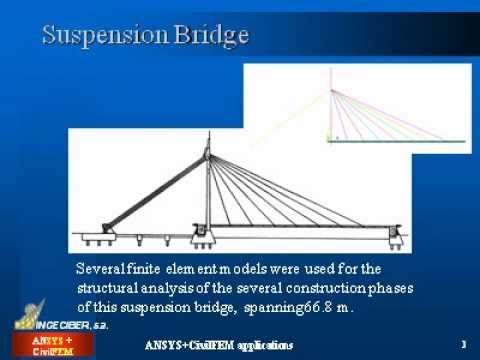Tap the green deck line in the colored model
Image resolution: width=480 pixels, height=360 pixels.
tap(400, 141)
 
